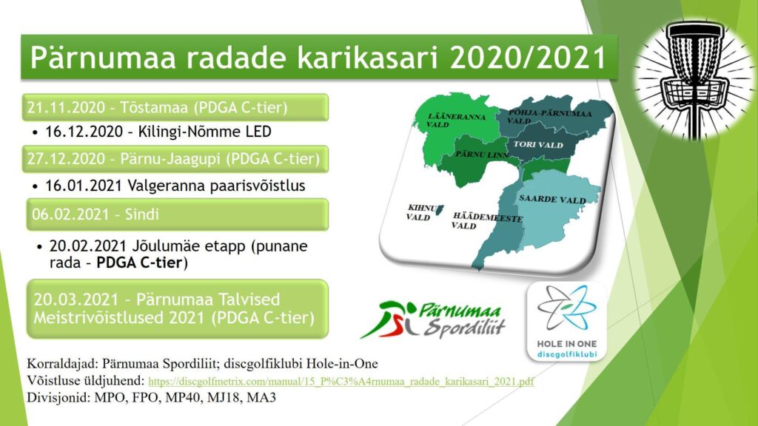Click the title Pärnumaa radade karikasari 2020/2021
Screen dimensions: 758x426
pyautogui.click(x=318, y=57)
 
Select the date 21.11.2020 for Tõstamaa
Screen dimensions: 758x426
pyautogui.click(x=66, y=107)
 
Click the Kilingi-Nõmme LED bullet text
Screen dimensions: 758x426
pyautogui.click(x=158, y=132)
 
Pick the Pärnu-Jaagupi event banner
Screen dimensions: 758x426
pyautogui.click(x=175, y=159)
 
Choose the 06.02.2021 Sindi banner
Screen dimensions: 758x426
pyautogui.click(x=178, y=214)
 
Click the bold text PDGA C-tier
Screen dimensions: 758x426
pyautogui.click(x=139, y=263)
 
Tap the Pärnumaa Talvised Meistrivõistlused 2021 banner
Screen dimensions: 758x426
pyautogui.click(x=178, y=308)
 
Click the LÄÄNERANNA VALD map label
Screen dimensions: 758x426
pyautogui.click(x=449, y=121)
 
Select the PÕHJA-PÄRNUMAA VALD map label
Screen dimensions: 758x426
pyautogui.click(x=549, y=116)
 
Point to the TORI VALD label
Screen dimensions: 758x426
pyautogui.click(x=538, y=144)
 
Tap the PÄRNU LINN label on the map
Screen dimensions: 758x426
pyautogui.click(x=482, y=155)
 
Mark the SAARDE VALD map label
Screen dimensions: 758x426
pyautogui.click(x=552, y=199)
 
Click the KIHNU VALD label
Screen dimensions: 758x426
pyautogui.click(x=421, y=212)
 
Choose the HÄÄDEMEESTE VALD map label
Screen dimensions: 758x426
pyautogui.click(x=487, y=221)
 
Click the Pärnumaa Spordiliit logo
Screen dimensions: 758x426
pyautogui.click(x=432, y=319)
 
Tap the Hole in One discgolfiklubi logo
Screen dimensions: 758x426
pyautogui.click(x=566, y=322)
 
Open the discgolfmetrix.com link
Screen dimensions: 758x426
pyautogui.click(x=341, y=381)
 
